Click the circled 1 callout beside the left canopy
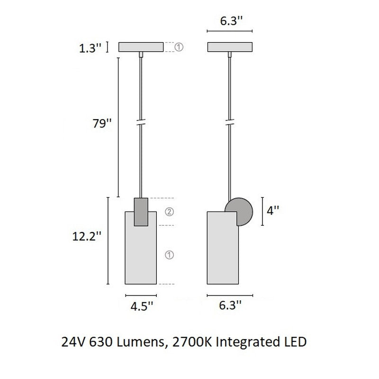tap(179, 47)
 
